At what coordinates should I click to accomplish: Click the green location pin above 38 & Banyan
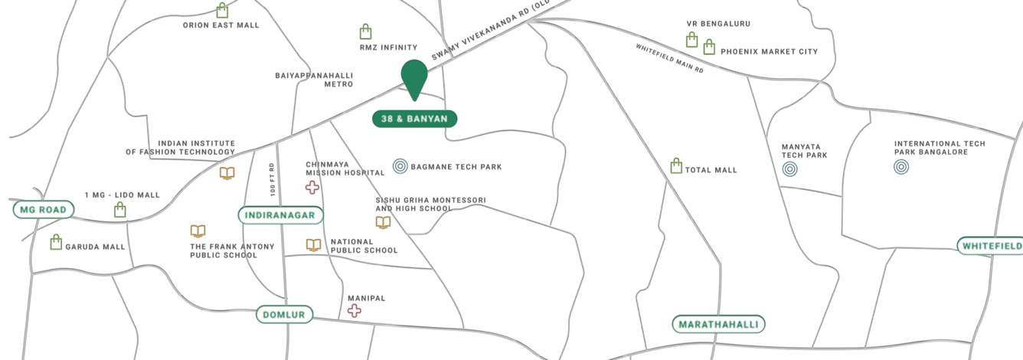(x=414, y=77)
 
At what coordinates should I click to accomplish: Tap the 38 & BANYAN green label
(x=414, y=119)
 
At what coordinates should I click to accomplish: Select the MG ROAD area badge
(x=44, y=209)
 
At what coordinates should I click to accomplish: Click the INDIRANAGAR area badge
(x=281, y=215)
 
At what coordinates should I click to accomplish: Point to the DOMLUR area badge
(x=284, y=315)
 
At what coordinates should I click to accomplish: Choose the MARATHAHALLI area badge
(x=719, y=324)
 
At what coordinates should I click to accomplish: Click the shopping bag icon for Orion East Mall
(x=222, y=11)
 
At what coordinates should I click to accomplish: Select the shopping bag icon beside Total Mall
(x=676, y=166)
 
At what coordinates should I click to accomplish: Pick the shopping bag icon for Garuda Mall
(x=56, y=243)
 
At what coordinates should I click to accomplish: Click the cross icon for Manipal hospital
(x=354, y=310)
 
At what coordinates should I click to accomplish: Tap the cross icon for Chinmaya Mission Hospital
(x=312, y=188)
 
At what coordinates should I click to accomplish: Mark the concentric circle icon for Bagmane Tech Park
(x=400, y=165)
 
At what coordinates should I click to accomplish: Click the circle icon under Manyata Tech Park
(x=789, y=169)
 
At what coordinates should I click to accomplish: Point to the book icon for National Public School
(x=313, y=245)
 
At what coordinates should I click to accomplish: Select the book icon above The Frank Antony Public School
(x=198, y=231)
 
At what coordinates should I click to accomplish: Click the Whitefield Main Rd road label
(x=669, y=58)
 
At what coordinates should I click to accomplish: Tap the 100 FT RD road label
(x=272, y=178)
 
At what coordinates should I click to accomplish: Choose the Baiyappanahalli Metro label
(x=314, y=80)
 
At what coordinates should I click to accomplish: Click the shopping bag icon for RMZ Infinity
(x=366, y=32)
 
